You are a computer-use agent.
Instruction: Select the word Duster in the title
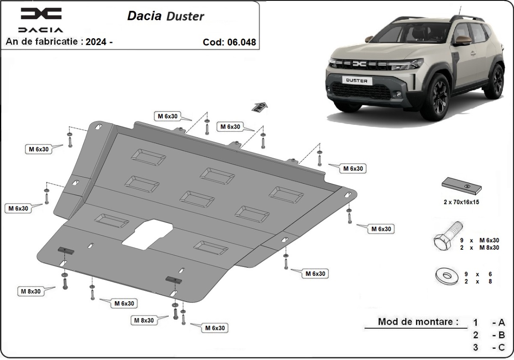click(x=186, y=16)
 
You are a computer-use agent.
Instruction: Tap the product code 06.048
click(x=241, y=42)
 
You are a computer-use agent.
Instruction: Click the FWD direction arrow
click(x=260, y=107)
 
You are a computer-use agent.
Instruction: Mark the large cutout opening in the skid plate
click(x=147, y=233)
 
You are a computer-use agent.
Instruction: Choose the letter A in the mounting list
click(x=502, y=322)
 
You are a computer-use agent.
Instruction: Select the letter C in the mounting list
click(x=502, y=347)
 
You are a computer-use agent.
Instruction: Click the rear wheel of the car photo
click(x=497, y=81)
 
